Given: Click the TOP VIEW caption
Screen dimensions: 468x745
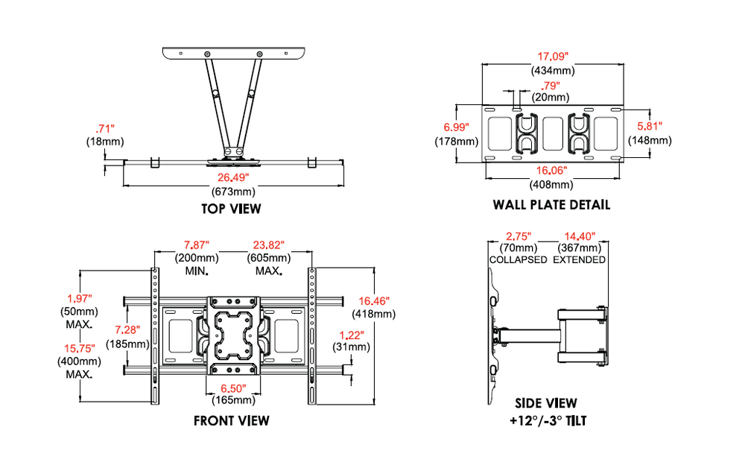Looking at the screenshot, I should (231, 209).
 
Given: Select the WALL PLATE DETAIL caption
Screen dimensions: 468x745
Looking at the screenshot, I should (551, 204).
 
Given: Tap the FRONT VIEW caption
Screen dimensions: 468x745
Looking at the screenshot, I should (232, 420).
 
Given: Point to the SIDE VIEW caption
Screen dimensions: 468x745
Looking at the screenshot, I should (550, 404).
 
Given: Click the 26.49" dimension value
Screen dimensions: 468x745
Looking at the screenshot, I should (232, 177).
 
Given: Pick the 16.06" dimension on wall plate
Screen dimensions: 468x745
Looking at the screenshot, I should (551, 171).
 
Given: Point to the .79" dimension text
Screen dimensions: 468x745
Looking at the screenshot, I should (551, 84).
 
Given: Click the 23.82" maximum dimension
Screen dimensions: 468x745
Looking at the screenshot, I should (267, 244).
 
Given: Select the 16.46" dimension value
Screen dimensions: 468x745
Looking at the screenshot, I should (375, 300).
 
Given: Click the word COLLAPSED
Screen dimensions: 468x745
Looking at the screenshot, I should (518, 259).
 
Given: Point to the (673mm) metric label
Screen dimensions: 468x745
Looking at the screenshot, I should (232, 191).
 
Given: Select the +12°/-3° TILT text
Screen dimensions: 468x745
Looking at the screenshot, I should (550, 422).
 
